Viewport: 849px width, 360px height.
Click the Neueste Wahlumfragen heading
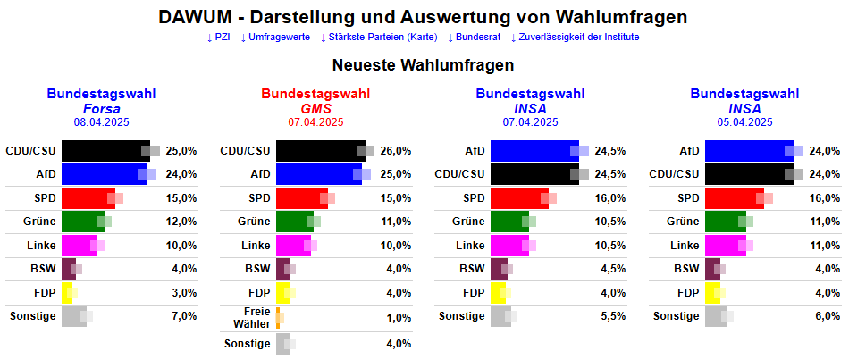(x=423, y=65)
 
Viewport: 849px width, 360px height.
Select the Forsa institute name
(x=101, y=108)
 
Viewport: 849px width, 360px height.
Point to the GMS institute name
(x=315, y=108)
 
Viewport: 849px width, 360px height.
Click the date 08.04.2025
(x=101, y=122)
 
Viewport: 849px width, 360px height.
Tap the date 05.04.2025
(x=744, y=122)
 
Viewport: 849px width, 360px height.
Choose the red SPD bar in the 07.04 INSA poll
(x=519, y=197)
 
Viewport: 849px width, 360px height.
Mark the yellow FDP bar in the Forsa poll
(x=67, y=292)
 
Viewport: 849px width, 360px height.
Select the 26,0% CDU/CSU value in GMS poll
(x=396, y=151)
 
